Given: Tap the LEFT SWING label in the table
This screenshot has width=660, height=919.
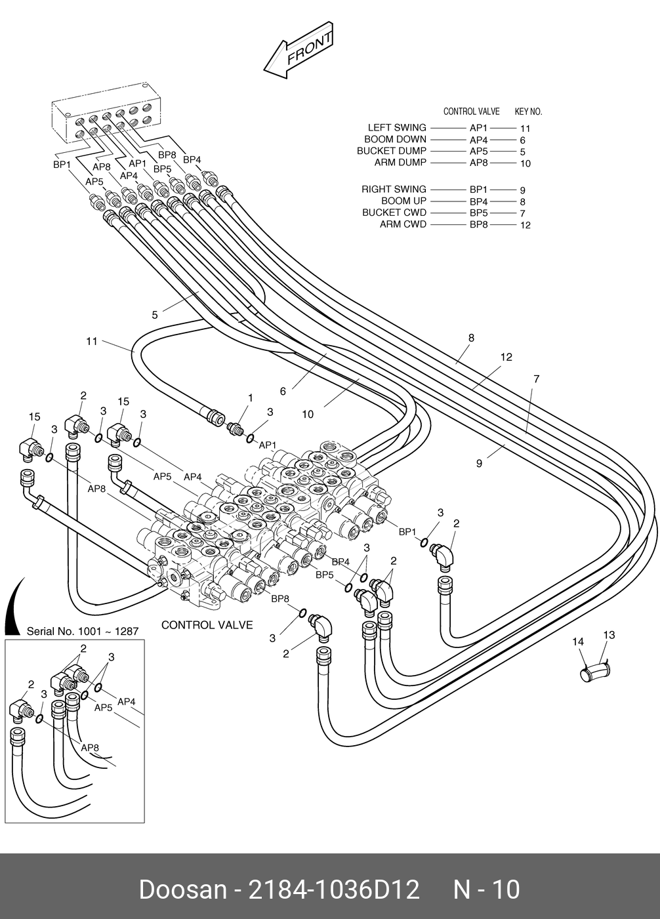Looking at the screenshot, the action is coord(397,128).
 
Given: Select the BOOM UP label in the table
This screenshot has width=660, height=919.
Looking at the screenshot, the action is coord(404,201).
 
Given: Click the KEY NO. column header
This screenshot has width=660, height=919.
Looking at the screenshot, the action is coord(528,112).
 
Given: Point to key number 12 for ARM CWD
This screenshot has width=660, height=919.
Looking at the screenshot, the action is coord(526,225).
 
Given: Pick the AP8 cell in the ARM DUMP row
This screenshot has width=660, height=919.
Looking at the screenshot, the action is coord(478,163).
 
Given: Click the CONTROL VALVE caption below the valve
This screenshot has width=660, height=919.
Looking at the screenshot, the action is coord(207,625).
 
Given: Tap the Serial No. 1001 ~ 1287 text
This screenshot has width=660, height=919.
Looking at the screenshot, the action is coord(83,632).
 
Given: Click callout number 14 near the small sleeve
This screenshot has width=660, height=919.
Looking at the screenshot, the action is coord(578,642).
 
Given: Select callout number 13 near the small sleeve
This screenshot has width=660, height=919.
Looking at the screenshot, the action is coord(609,635).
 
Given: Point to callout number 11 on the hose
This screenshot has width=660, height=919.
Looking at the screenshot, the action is coord(92,341).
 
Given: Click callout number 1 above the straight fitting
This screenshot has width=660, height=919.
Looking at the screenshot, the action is coord(251,398).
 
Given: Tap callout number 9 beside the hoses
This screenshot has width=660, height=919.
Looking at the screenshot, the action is coord(479,464).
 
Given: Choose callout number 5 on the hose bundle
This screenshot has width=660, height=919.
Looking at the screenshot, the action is coord(155,315).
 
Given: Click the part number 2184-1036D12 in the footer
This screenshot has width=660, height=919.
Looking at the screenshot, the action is coord(334,889).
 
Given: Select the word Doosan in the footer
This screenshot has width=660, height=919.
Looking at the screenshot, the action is coord(183,889).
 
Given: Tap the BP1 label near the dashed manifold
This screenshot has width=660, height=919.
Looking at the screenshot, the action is coord(62,165).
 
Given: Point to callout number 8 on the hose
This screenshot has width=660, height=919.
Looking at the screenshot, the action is coord(471,338).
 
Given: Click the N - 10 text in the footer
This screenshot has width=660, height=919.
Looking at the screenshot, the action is coord(486,889).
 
